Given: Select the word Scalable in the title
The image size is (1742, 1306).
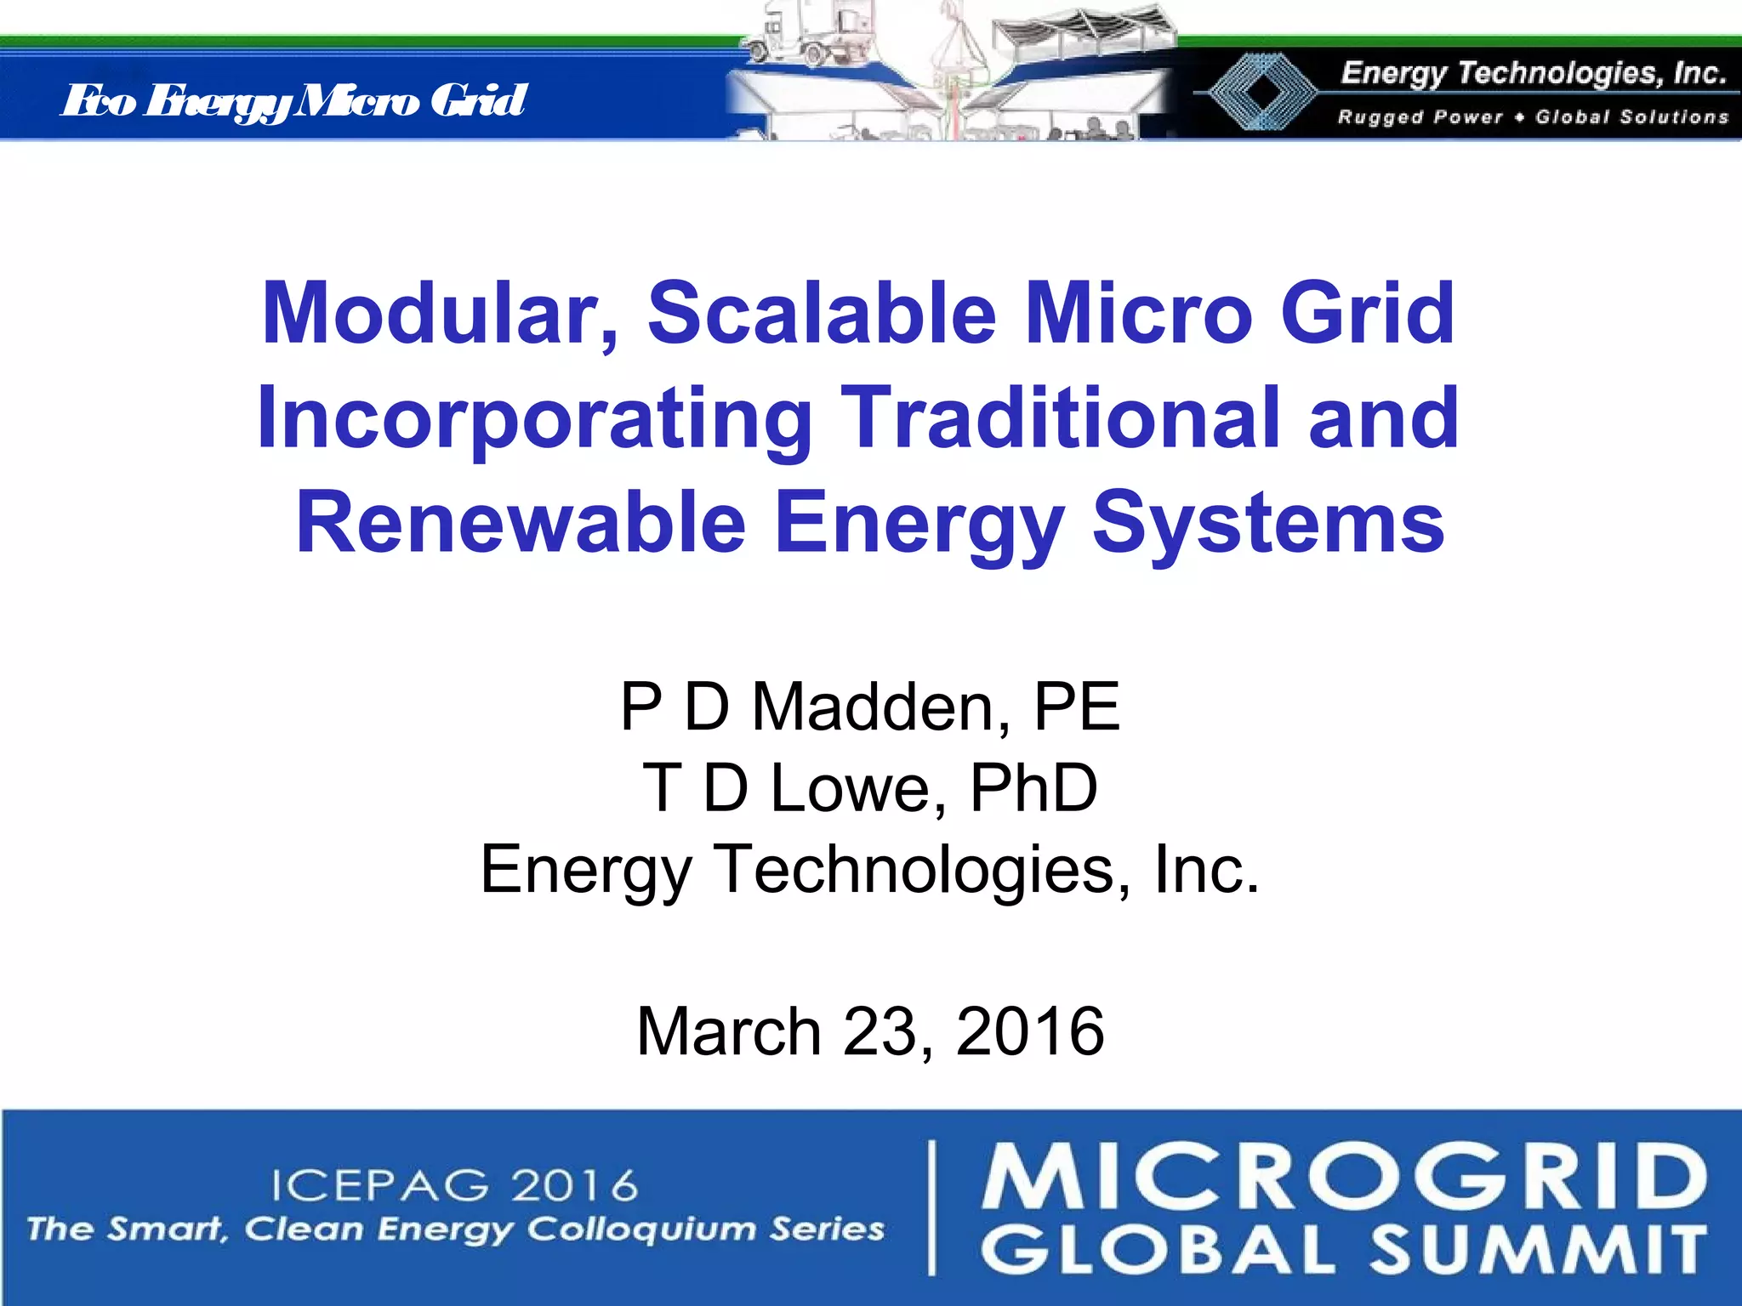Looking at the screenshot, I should pyautogui.click(x=821, y=314).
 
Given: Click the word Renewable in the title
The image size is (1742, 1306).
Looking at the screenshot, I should pyautogui.click(x=521, y=522).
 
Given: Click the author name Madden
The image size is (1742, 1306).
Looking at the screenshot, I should pyautogui.click(x=881, y=707).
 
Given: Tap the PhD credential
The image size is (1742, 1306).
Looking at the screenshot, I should pyautogui.click(x=1033, y=788).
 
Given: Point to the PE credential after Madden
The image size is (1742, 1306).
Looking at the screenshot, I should pyautogui.click(x=1077, y=707).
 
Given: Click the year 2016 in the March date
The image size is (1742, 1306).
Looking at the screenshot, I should pyautogui.click(x=1030, y=1031).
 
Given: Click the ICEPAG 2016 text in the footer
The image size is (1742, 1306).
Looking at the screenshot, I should pyautogui.click(x=455, y=1185).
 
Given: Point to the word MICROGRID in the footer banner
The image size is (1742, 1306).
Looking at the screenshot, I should pyautogui.click(x=1344, y=1178).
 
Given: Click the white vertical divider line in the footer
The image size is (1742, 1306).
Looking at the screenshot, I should pyautogui.click(x=933, y=1207).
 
